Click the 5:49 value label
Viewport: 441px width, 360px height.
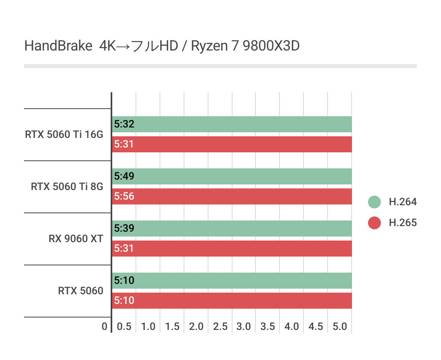pyautogui.click(x=124, y=176)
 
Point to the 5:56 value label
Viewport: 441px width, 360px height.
pyautogui.click(x=124, y=196)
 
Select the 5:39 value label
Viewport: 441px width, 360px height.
pyautogui.click(x=124, y=229)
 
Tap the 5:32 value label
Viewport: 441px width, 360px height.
pyautogui.click(x=124, y=124)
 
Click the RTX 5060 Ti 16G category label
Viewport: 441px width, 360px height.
pyautogui.click(x=64, y=135)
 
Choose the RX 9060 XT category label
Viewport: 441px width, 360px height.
pyautogui.click(x=76, y=239)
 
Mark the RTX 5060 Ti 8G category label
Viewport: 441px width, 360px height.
pyautogui.click(x=67, y=187)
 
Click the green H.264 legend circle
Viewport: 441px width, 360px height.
pyautogui.click(x=374, y=202)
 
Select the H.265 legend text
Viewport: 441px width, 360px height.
pyautogui.click(x=403, y=222)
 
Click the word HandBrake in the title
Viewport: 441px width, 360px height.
pyautogui.click(x=58, y=46)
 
